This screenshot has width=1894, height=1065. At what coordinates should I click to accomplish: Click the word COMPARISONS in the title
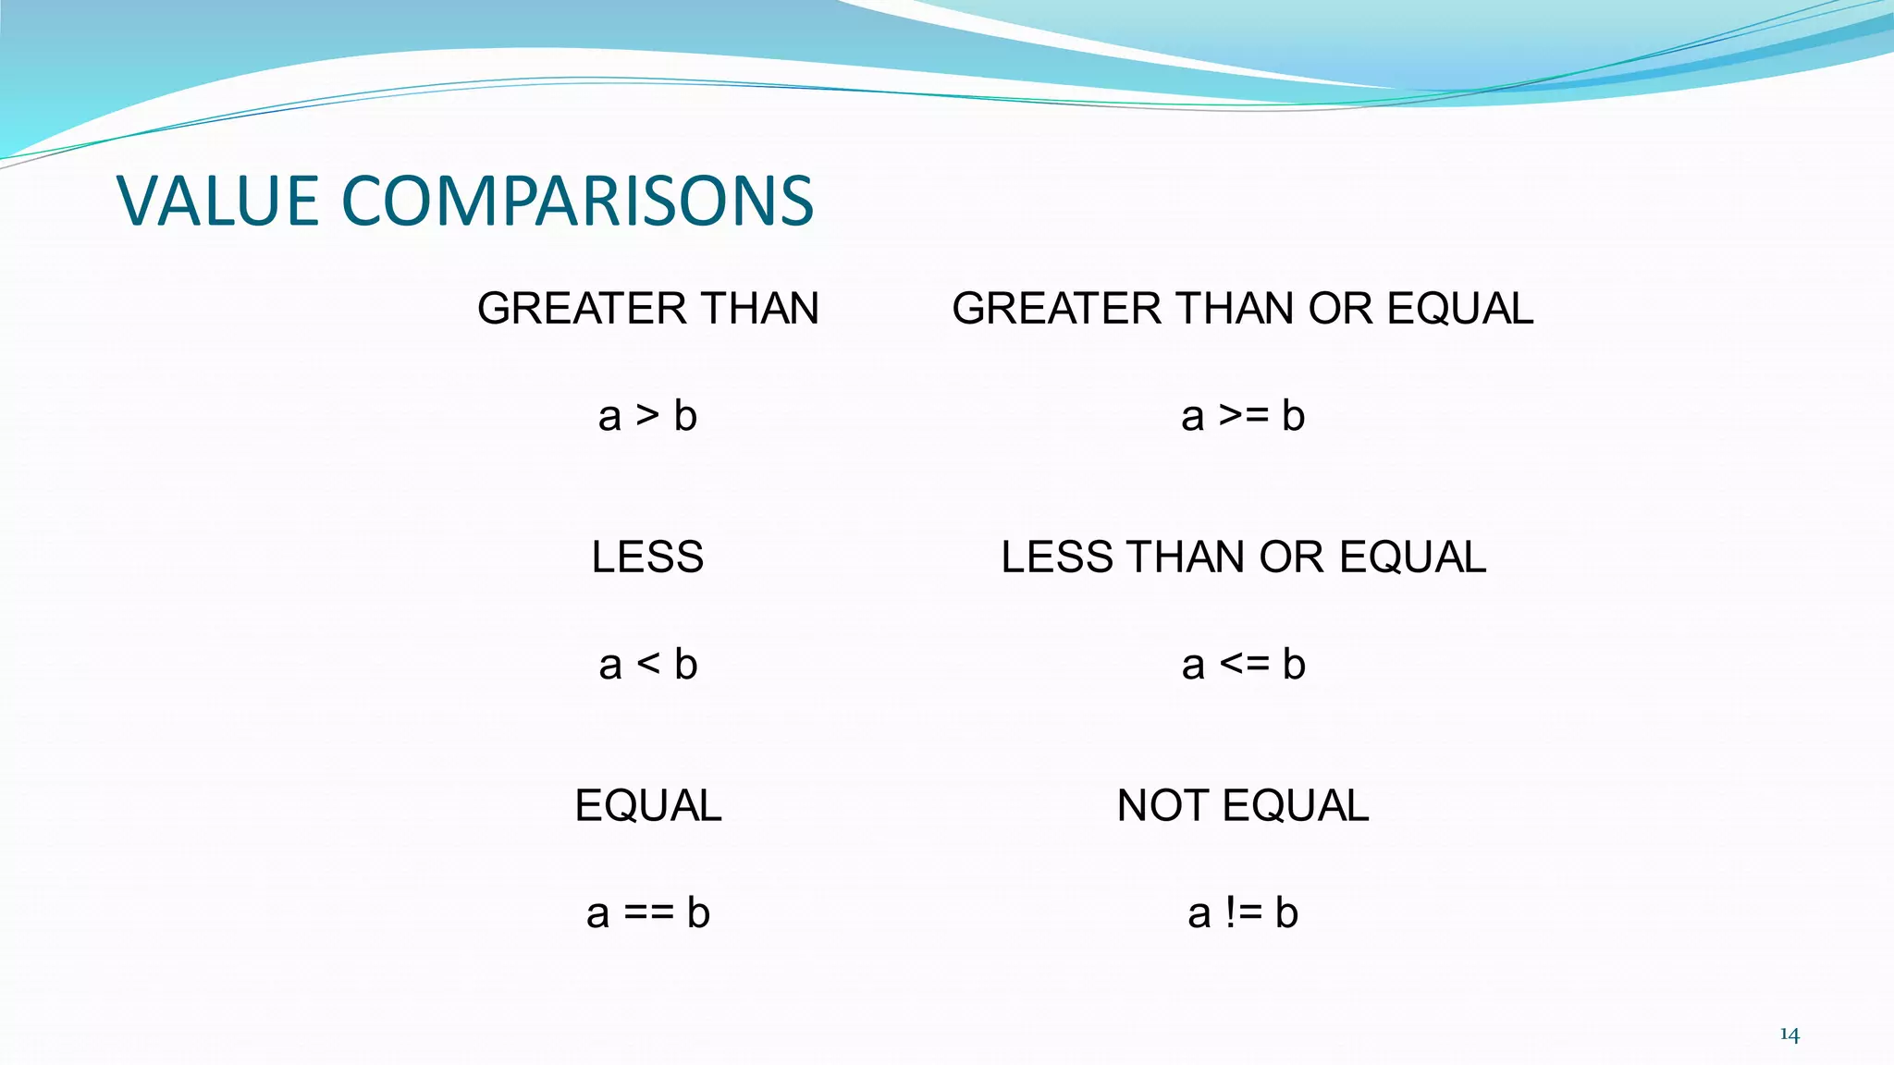coord(577,201)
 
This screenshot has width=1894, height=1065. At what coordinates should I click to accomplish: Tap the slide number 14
coord(1789,1034)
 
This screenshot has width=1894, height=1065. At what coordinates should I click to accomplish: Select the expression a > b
coord(647,416)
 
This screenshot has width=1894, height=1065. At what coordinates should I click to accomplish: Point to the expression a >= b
coord(1243,416)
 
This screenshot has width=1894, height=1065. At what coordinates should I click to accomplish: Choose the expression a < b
coord(647,665)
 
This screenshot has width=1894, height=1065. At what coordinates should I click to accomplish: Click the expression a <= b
coord(1243,665)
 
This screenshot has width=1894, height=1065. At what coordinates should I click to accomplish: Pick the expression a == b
coord(647,913)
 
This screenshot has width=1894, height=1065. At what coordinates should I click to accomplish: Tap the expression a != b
coord(1243,913)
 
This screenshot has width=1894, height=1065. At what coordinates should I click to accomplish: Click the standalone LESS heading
coord(647,557)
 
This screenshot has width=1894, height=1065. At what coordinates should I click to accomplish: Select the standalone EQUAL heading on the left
coord(647,806)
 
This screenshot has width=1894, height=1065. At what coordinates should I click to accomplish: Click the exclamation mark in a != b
coord(1230,913)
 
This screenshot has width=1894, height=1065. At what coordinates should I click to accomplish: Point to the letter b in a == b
coord(698,913)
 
